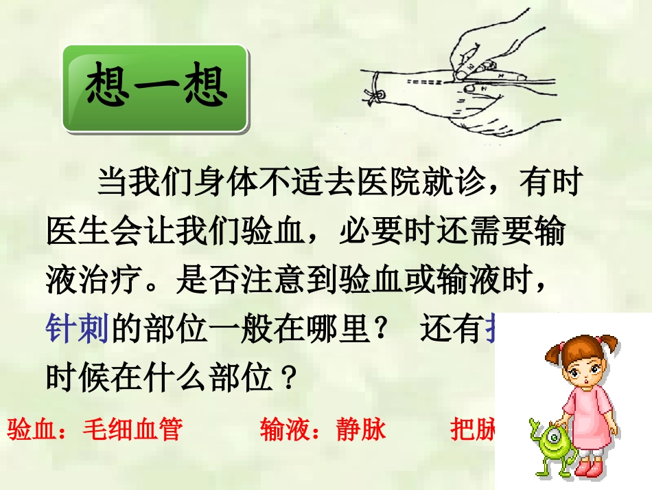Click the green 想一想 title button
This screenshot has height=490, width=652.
pos(155,89)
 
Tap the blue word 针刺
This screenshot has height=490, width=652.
pos(78,331)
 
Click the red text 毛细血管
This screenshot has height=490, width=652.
pos(132,429)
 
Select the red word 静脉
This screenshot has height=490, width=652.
pos(361,429)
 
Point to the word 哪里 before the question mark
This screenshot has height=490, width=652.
pos(338,331)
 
